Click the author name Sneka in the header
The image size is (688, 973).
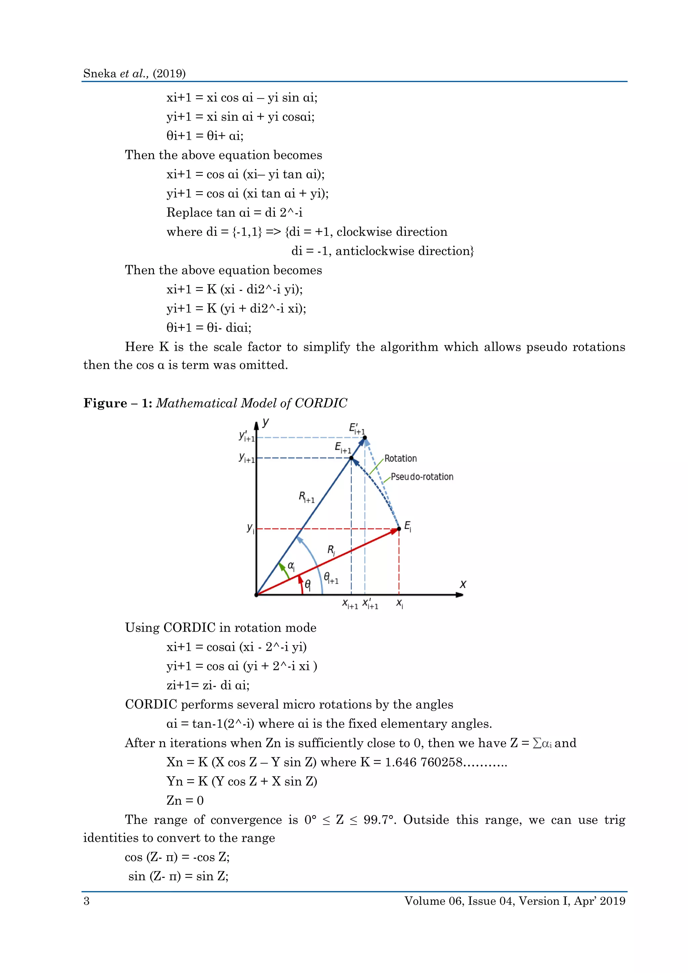(99, 74)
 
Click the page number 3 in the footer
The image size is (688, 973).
(86, 901)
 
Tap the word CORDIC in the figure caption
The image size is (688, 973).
(321, 403)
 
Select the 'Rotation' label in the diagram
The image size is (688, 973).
(400, 459)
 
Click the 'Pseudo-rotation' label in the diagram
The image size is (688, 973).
(422, 477)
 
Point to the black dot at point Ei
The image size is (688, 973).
(399, 529)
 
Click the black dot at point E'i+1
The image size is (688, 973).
(365, 437)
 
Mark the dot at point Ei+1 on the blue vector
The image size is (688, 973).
(351, 458)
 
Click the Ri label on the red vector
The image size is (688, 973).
(331, 550)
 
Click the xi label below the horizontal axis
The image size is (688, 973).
(399, 604)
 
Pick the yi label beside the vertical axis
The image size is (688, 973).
(250, 528)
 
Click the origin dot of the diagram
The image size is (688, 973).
(256, 595)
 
